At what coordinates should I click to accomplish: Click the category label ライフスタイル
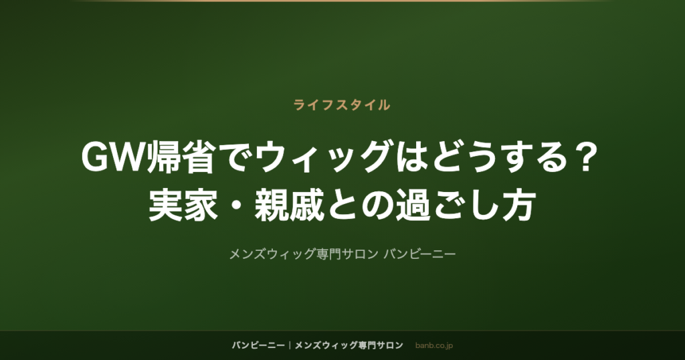[x=342, y=105]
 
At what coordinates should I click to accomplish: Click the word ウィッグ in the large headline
[x=322, y=157]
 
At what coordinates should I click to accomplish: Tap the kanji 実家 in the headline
[x=183, y=205]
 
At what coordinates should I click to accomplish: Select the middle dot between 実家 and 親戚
[x=236, y=205]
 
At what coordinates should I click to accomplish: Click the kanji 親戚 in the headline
[x=289, y=205]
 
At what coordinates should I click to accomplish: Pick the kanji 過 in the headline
[x=413, y=205]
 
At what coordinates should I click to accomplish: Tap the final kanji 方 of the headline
[x=519, y=205]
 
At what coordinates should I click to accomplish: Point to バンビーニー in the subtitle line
[x=419, y=254]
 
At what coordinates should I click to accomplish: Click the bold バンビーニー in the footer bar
[x=258, y=345]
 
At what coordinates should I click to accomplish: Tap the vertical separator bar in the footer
[x=290, y=345]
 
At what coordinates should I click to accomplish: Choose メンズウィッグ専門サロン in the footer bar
[x=349, y=345]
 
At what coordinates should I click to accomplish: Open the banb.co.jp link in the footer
[x=433, y=345]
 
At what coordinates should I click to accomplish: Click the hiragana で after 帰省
[x=236, y=157]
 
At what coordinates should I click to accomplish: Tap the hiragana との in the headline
[x=360, y=205]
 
